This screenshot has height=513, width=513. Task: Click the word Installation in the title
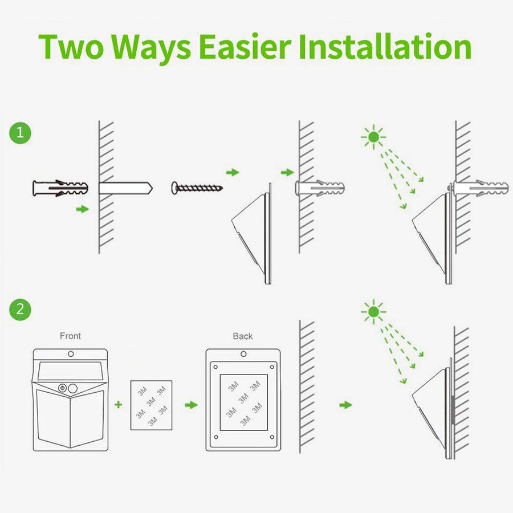385,47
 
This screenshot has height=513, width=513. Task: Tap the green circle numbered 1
21,133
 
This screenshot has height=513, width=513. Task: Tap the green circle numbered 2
21,309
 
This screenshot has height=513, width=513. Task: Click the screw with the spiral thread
197,188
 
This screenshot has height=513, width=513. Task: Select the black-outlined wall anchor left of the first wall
60,188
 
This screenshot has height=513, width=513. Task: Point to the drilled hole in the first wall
125,188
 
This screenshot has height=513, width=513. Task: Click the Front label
70,336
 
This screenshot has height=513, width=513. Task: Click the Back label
243,336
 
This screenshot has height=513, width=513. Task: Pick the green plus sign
119,405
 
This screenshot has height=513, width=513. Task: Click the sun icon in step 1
373,137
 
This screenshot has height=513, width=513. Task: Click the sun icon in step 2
373,312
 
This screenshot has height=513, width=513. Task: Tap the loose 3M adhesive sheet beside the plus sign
152,405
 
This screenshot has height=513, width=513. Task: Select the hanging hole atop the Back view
243,354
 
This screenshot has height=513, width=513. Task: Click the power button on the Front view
62,388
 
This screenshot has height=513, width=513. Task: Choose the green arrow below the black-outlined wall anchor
83,209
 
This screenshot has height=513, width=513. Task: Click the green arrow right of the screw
233,172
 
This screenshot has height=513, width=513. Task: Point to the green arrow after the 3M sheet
192,405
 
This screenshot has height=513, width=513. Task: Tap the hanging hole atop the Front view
71,354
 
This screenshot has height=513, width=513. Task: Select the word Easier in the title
245,47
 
